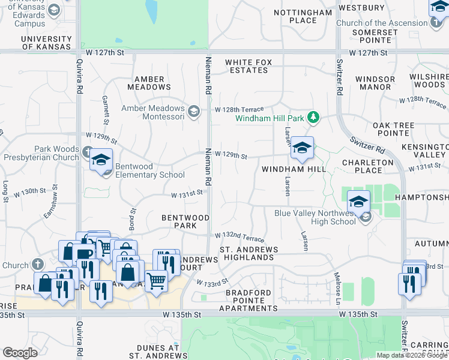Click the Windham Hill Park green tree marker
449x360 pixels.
click(x=312, y=117)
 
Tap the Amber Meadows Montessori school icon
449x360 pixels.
click(x=193, y=112)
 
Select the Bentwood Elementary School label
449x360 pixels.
click(x=149, y=170)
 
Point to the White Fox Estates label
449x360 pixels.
click(x=247, y=66)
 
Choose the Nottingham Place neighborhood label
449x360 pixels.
click(x=294, y=16)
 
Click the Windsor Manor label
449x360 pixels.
click(x=375, y=83)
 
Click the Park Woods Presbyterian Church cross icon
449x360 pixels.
click(x=88, y=151)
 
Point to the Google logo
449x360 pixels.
click(x=20, y=353)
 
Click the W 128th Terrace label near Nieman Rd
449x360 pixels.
click(x=240, y=110)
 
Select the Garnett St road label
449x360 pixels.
click(x=105, y=107)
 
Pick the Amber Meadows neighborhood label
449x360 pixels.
click(x=149, y=83)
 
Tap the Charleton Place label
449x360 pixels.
click(x=367, y=166)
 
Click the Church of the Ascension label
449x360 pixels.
click(x=382, y=23)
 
